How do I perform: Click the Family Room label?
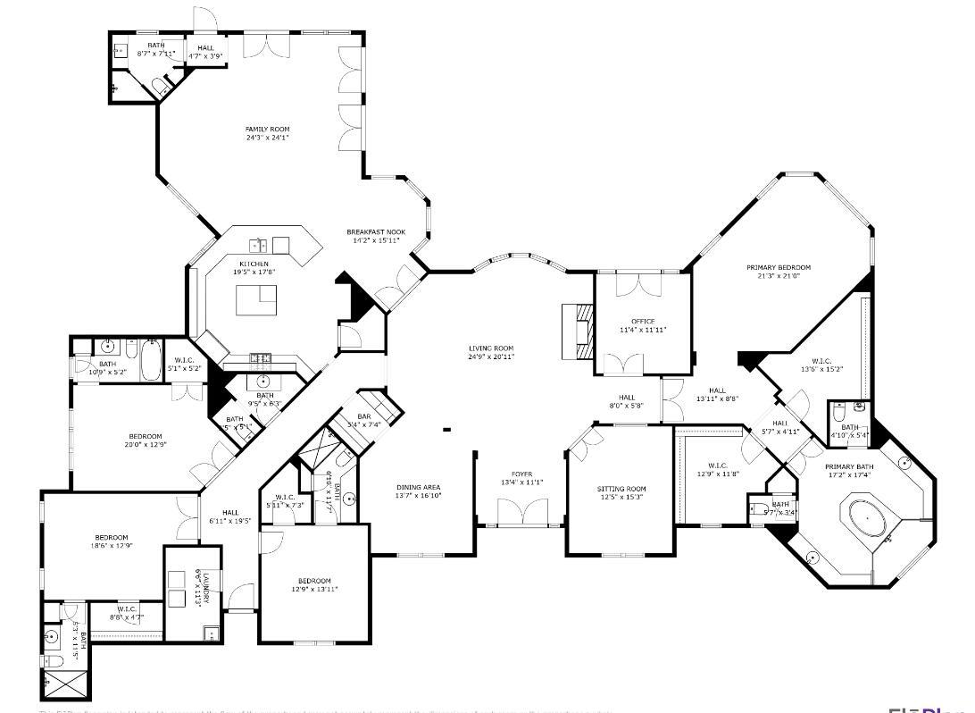(268, 130)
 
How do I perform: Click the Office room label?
(643, 322)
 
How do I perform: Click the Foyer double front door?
(520, 514)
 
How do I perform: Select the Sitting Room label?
(621, 490)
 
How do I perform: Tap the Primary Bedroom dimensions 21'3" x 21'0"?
(779, 276)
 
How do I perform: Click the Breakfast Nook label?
(376, 232)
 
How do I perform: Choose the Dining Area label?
(419, 488)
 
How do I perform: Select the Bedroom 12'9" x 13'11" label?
(314, 581)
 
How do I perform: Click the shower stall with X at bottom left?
(65, 684)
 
